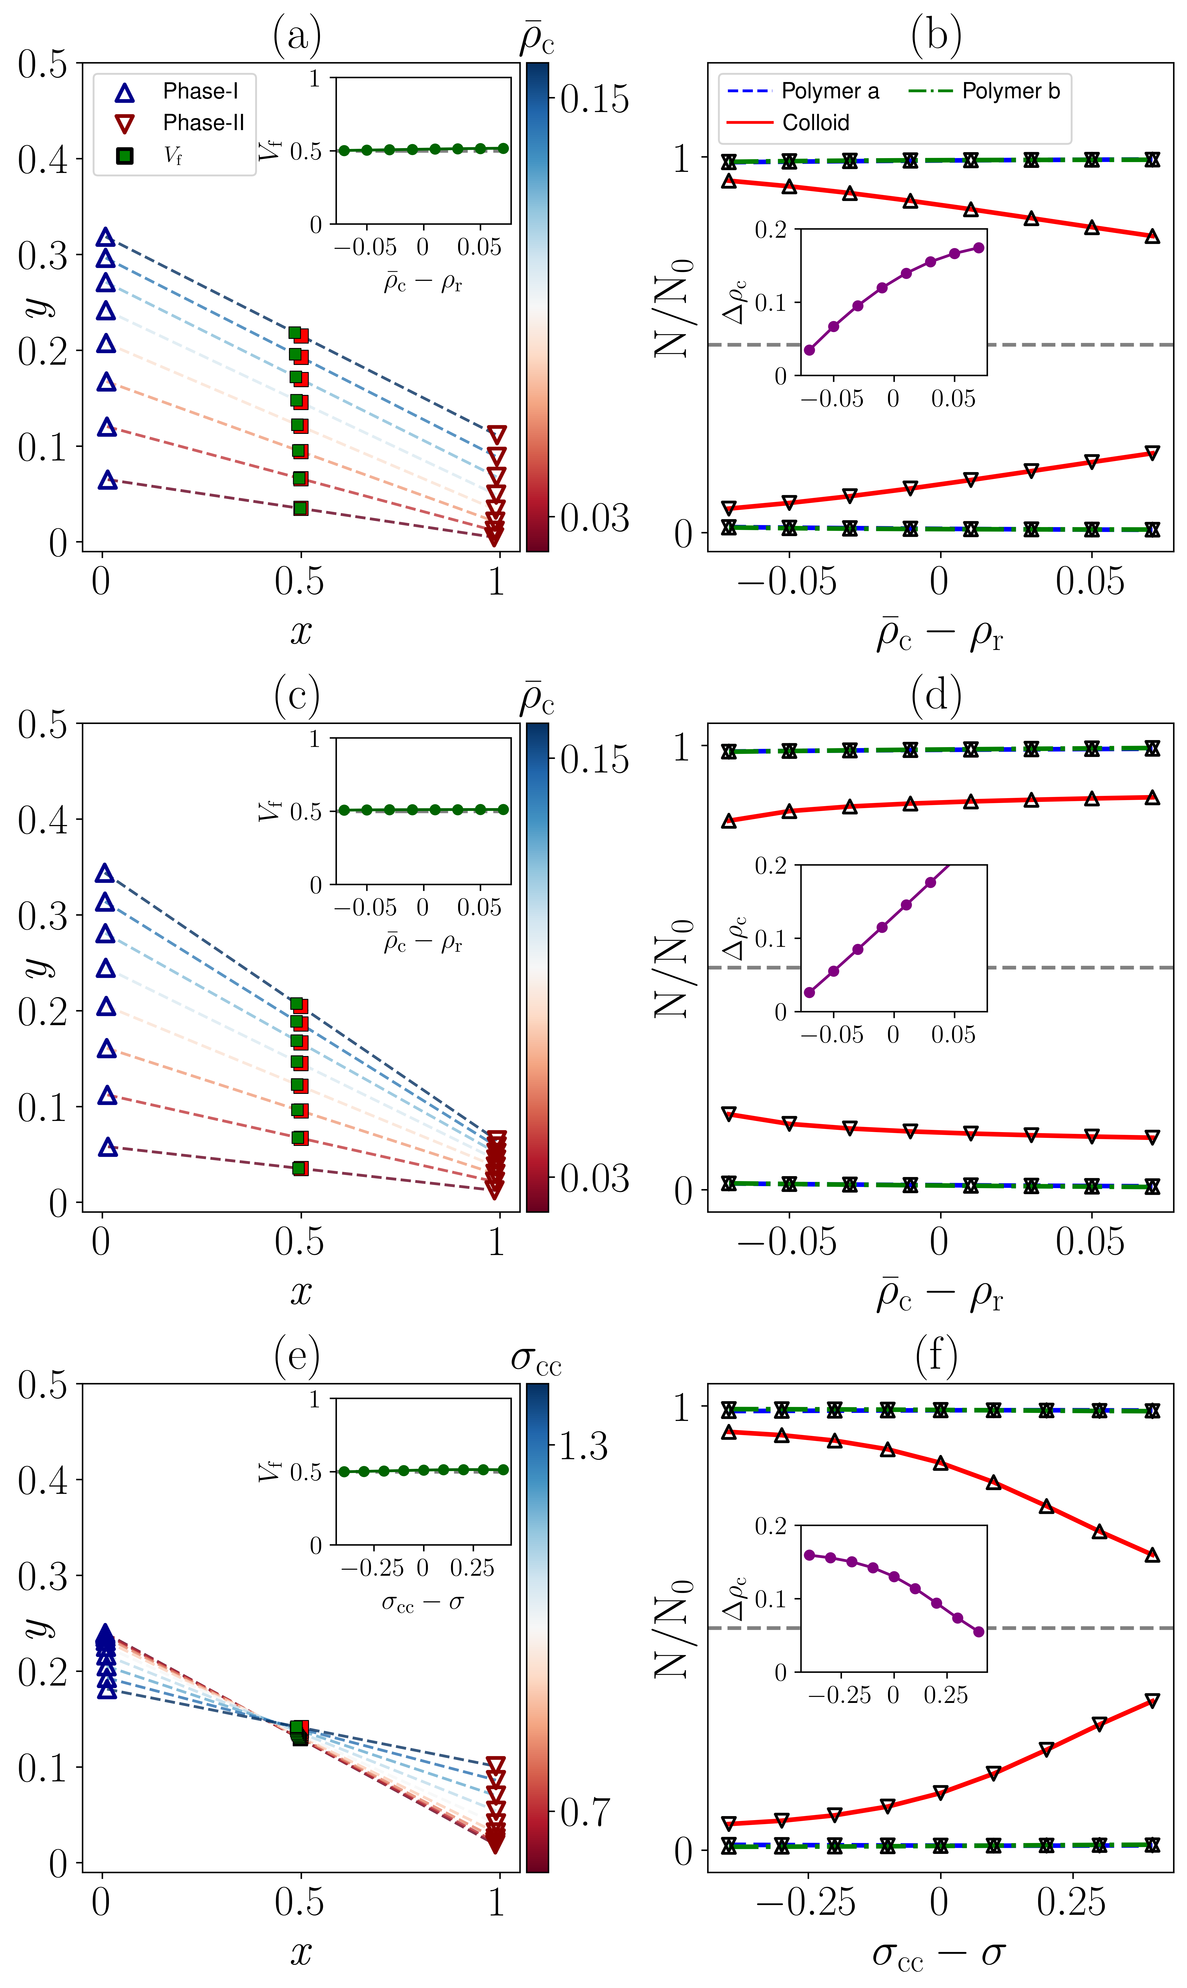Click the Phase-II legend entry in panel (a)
click(x=203, y=122)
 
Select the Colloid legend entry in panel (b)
click(x=815, y=122)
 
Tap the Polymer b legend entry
click(x=1010, y=91)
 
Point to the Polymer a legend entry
click(x=830, y=91)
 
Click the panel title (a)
click(x=297, y=36)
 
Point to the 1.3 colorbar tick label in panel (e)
click(x=583, y=1446)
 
